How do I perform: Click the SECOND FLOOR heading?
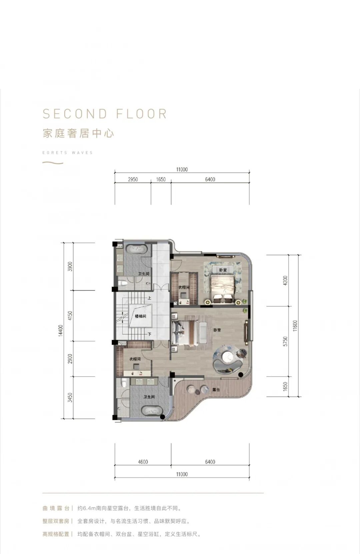click(x=105, y=113)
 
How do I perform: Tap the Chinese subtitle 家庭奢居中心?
click(x=78, y=133)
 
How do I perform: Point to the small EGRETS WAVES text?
click(x=67, y=153)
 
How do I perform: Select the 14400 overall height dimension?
click(x=61, y=331)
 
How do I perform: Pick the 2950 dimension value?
click(x=133, y=179)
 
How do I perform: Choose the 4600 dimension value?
click(x=143, y=462)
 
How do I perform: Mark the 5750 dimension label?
click(x=285, y=341)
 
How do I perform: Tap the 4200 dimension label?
click(x=285, y=281)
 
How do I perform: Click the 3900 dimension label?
click(x=70, y=266)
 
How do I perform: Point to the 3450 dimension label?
click(x=70, y=398)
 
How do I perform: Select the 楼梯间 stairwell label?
click(x=140, y=316)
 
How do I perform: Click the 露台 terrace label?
click(x=216, y=390)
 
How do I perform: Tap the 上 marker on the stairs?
click(x=149, y=298)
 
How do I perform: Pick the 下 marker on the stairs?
click(x=149, y=334)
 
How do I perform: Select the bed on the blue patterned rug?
click(x=222, y=289)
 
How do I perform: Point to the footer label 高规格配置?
click(x=56, y=534)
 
